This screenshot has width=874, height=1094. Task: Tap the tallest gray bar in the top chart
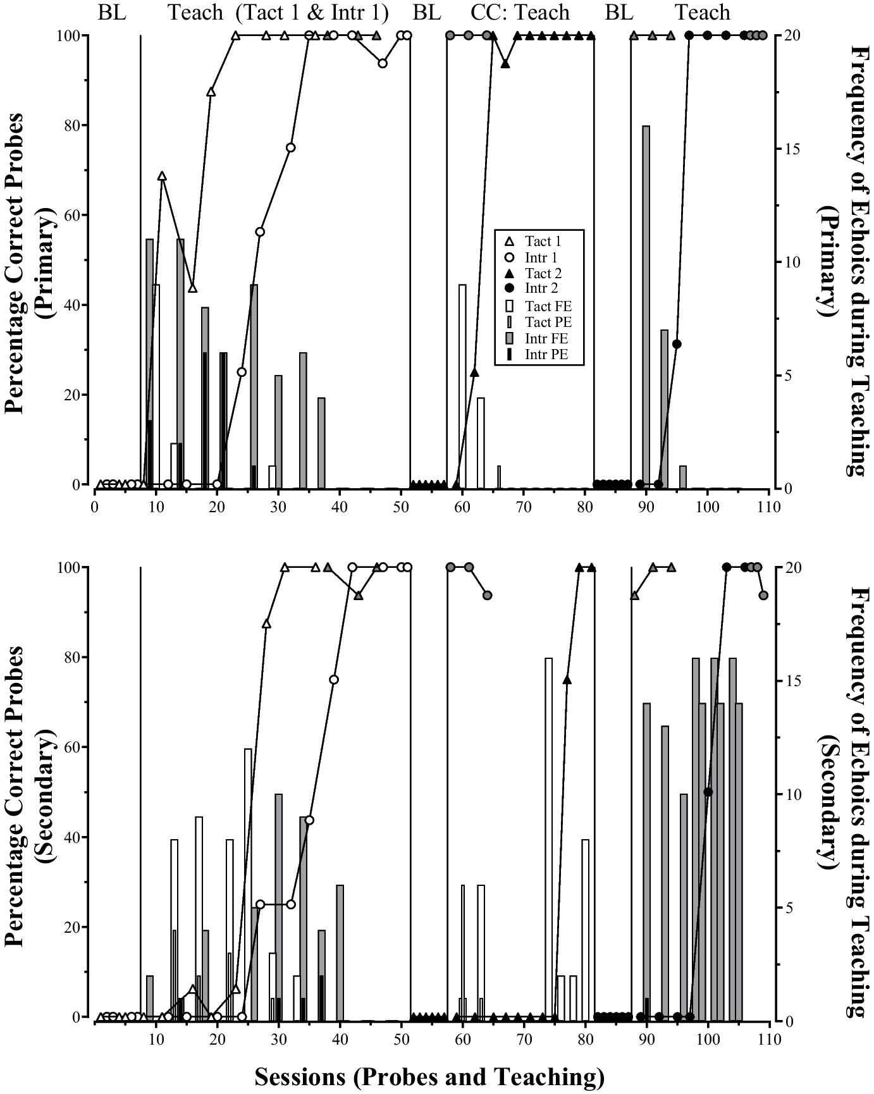tap(646, 307)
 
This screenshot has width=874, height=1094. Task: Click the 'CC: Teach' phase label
tap(520, 13)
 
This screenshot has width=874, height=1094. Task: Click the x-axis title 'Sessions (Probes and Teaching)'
tap(429, 1077)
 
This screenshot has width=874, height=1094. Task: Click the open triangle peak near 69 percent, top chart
tap(162, 176)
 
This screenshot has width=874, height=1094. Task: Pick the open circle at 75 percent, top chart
tap(291, 147)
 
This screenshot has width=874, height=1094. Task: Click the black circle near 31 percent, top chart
tap(677, 344)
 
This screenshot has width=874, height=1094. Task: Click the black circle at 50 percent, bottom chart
tap(708, 792)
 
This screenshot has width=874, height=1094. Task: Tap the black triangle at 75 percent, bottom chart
tap(567, 680)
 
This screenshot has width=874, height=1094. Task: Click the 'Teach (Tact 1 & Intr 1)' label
tap(278, 13)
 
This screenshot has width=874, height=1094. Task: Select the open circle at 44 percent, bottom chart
tap(309, 820)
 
